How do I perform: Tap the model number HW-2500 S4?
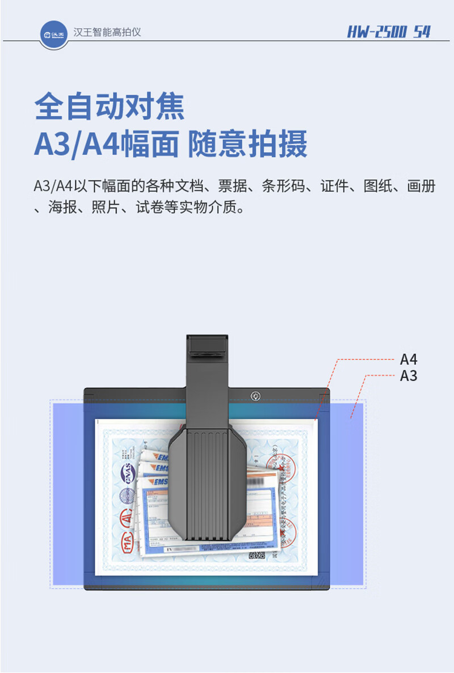[x=389, y=32]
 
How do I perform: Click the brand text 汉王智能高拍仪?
[x=107, y=32]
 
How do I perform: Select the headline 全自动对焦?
[x=110, y=106]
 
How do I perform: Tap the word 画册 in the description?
[x=421, y=186]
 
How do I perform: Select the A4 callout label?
[x=409, y=359]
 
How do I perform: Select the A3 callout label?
[x=409, y=375]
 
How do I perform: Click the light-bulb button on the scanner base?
[x=255, y=395]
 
